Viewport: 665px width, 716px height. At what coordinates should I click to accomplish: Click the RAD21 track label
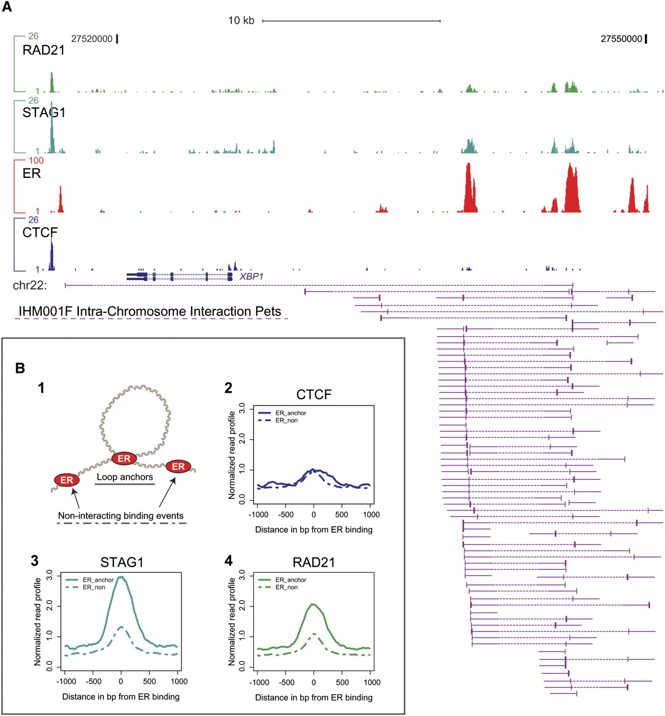tap(44, 50)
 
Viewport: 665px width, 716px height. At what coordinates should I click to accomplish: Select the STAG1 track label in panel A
tap(44, 112)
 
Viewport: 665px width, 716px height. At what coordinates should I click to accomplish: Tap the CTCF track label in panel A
tap(40, 232)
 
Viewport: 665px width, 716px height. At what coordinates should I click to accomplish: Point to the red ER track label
tap(32, 173)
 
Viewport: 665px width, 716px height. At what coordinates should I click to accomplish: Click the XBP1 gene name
tap(251, 276)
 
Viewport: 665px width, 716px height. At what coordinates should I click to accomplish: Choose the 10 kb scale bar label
tap(241, 21)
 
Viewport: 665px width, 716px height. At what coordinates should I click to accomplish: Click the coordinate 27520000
tap(92, 39)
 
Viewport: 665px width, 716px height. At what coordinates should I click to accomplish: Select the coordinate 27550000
tap(621, 39)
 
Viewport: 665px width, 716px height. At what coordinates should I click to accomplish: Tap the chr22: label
tap(30, 286)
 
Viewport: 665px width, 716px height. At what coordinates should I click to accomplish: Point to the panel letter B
tap(20, 368)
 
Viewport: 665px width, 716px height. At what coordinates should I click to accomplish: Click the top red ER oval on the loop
tap(124, 459)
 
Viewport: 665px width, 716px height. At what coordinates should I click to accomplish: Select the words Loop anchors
tap(125, 477)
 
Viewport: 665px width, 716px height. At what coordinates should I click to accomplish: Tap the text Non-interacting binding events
tap(121, 516)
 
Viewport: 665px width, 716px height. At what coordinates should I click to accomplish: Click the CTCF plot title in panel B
tap(313, 394)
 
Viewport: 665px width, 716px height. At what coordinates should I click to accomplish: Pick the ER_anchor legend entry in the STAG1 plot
tap(98, 580)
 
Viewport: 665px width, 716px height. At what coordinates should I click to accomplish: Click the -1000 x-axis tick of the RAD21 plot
tap(259, 682)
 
